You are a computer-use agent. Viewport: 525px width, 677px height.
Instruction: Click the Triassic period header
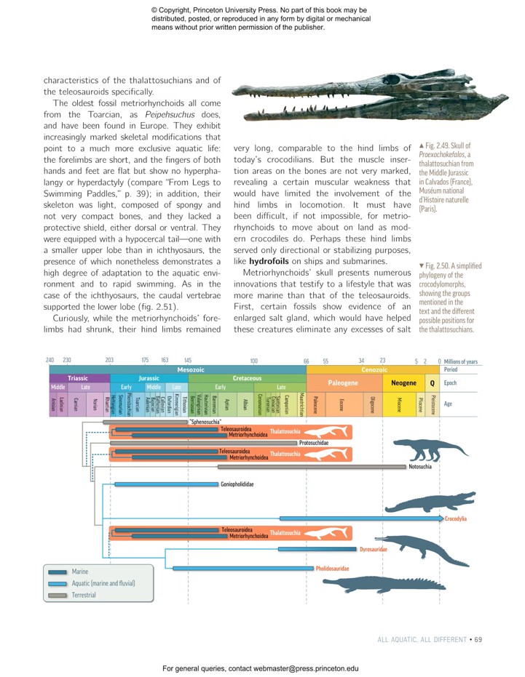[78, 378]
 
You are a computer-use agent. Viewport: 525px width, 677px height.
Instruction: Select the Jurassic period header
[149, 378]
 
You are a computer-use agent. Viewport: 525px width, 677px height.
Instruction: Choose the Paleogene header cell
[342, 382]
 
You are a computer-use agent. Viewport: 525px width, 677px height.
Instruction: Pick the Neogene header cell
[403, 382]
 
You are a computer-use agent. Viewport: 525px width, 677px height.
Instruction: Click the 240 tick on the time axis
[50, 361]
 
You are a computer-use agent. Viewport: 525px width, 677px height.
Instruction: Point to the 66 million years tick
[307, 361]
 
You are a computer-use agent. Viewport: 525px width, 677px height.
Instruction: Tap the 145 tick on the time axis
[188, 361]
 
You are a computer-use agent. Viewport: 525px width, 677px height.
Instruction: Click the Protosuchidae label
[314, 442]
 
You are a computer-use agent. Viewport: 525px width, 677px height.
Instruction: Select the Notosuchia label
[421, 467]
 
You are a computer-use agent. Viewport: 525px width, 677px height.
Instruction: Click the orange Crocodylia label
[456, 518]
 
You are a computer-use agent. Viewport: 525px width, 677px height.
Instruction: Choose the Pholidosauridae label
[332, 568]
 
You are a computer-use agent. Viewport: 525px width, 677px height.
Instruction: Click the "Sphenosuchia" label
[205, 421]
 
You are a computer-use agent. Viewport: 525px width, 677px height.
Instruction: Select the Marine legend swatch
[58, 572]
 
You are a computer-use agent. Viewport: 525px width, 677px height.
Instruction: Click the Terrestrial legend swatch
[58, 595]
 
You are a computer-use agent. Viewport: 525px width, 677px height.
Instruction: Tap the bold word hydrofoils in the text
[269, 260]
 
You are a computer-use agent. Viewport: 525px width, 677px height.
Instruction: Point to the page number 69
[478, 640]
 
